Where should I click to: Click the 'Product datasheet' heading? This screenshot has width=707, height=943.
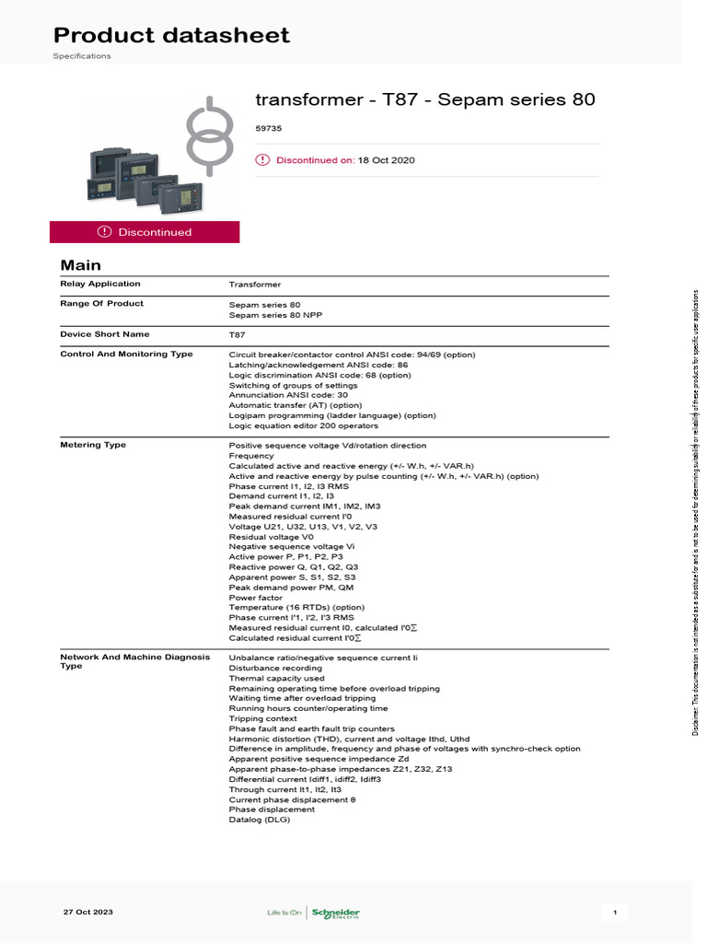click(171, 35)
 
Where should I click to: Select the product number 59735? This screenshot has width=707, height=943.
click(268, 130)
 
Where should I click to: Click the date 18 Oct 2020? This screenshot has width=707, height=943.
click(387, 160)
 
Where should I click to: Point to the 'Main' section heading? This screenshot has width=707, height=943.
click(80, 265)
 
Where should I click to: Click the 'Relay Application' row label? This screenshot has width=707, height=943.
click(100, 284)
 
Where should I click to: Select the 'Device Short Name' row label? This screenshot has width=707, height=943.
click(104, 334)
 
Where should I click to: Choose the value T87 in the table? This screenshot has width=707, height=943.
click(237, 335)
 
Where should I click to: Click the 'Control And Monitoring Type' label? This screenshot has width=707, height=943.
click(126, 354)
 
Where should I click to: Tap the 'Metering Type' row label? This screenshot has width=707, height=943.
click(93, 445)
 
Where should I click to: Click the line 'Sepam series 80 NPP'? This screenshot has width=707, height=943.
click(275, 315)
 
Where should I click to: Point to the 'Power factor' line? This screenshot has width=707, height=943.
click(257, 598)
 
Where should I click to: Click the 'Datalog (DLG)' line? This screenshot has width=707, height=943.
click(260, 820)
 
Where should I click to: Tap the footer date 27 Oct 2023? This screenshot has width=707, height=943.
click(88, 912)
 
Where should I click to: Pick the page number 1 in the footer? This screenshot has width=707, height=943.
click(615, 913)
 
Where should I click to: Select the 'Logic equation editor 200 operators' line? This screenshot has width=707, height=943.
click(303, 425)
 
